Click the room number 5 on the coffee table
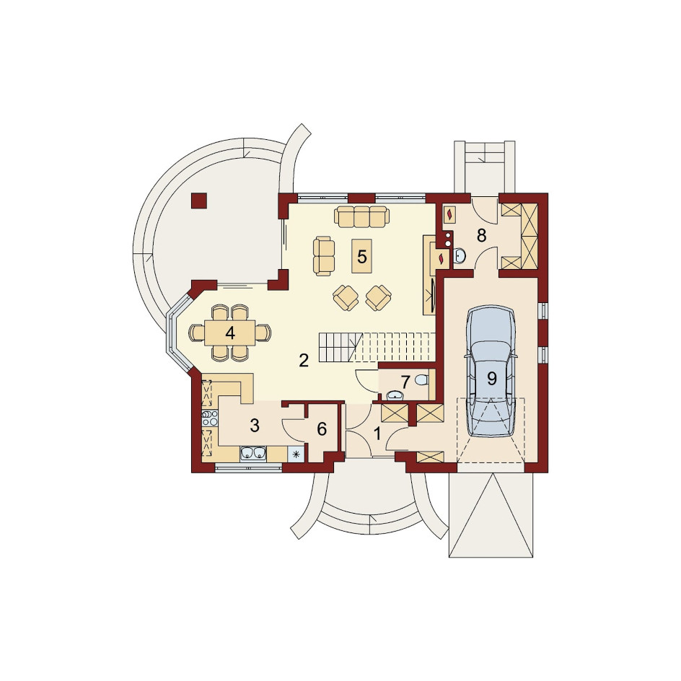point(362,257)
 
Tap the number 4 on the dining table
point(229,333)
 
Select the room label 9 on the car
point(491,379)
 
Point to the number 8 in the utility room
point(481,235)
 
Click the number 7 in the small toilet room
point(405,382)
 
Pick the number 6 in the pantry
point(322,429)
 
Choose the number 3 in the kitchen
point(255,426)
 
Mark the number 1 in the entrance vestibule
point(377,434)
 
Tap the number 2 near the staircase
point(304,360)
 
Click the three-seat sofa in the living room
point(362,216)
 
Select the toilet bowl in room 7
point(422,381)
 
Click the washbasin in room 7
point(395,395)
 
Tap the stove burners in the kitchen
point(210,418)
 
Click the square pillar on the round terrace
point(199,201)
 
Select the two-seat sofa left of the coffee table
point(324,256)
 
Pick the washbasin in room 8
point(460,256)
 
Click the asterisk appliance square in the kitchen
point(296,454)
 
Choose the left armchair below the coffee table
point(346,297)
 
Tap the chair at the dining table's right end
point(263,333)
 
